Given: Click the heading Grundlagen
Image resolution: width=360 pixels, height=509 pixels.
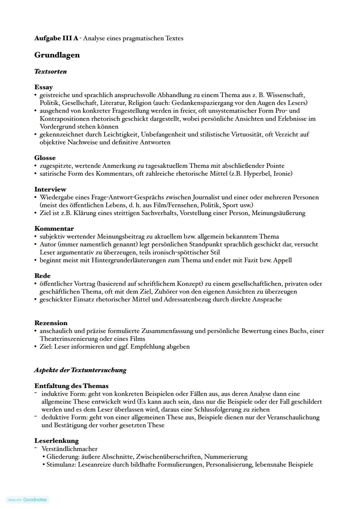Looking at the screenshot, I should tap(57, 55).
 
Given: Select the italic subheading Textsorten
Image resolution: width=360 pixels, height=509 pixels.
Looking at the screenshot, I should tap(50, 71).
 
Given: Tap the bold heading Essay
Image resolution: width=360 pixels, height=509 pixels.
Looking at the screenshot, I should tap(43, 87).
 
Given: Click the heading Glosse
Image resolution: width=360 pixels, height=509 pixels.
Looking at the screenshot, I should tap(45, 158).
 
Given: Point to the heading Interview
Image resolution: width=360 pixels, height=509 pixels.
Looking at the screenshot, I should tap(50, 189).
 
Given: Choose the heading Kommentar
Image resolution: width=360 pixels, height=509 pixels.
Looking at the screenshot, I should tap(54, 229).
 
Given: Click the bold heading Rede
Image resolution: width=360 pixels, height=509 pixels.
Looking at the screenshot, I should tap(42, 276).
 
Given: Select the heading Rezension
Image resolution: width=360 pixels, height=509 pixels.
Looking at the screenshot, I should tap(51, 323).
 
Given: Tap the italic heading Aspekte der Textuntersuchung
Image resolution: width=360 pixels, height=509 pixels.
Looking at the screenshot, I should tap(80, 370).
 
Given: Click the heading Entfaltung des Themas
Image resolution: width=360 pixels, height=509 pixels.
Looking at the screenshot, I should tap(71, 386).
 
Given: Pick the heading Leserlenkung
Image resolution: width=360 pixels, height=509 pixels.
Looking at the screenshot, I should tap(56, 441).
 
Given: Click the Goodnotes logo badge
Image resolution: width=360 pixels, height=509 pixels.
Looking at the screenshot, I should tap(28, 500).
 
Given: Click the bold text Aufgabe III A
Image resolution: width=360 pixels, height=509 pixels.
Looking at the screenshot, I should tap(56, 38).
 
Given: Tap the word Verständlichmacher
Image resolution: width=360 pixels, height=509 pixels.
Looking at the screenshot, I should tap(69, 449).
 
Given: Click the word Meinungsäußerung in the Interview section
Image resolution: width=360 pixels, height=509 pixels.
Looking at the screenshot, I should tap(278, 213).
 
